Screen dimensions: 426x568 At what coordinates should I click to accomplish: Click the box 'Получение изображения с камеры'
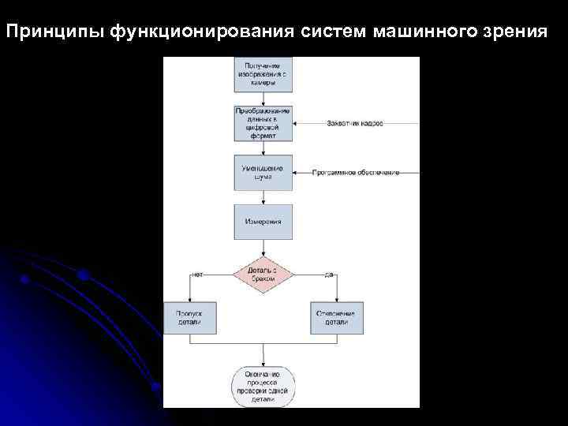263,74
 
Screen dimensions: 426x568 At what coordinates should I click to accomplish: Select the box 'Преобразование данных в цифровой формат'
263,124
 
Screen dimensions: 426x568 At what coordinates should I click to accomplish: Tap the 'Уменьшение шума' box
263,173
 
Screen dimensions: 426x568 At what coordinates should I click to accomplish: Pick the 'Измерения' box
263,222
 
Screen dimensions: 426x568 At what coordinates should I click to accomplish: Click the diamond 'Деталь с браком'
263,274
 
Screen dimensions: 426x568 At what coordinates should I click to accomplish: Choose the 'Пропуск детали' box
189,319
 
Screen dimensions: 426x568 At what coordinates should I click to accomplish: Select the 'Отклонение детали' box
335,319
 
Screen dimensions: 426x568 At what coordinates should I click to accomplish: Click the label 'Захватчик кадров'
355,125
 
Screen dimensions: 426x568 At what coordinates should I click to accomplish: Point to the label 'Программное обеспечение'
356,173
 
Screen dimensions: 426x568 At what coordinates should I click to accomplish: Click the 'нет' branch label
197,275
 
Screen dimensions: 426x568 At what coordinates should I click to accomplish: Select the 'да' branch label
330,275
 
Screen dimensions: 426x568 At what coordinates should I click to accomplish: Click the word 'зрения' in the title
514,32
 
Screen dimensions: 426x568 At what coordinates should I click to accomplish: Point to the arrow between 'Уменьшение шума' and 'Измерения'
263,197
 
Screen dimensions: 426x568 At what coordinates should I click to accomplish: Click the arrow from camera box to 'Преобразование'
263,99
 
